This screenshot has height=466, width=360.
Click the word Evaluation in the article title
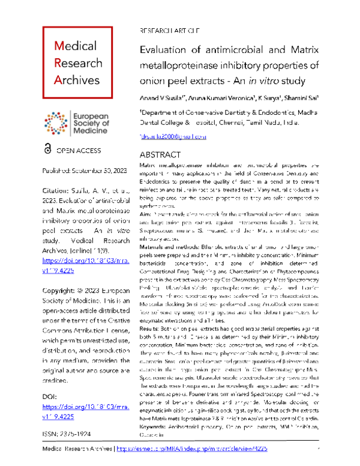[x=165, y=51]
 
